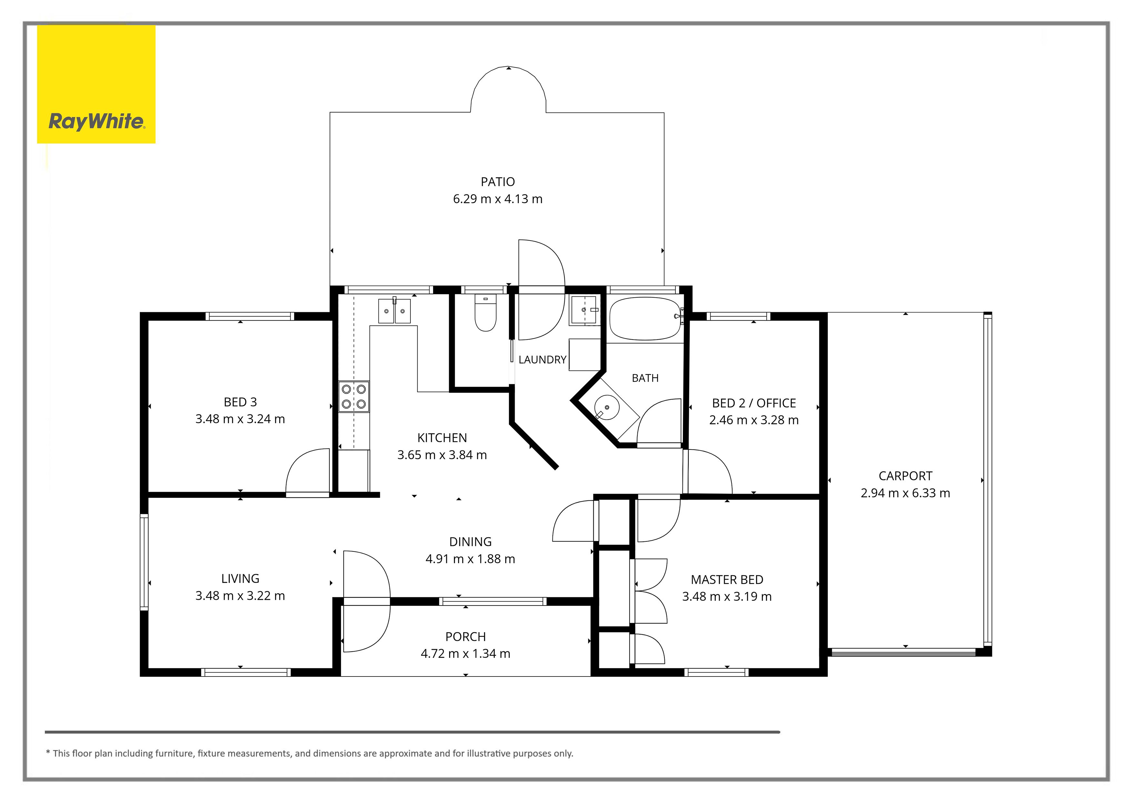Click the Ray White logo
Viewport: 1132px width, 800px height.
tap(96, 84)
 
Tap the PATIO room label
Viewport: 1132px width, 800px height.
tap(498, 182)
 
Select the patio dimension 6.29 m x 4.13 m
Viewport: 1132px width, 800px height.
tap(498, 199)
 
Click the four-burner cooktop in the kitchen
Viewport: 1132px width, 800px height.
tap(353, 397)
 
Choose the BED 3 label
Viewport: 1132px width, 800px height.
tap(240, 402)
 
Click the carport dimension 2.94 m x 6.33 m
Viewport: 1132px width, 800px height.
tap(905, 493)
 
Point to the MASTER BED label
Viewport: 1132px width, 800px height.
tap(727, 580)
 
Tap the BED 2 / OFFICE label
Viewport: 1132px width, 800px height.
tap(754, 403)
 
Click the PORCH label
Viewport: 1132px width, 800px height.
tap(465, 637)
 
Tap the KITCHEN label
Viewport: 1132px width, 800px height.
tap(442, 438)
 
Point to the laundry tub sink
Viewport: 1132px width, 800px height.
tap(584, 310)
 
